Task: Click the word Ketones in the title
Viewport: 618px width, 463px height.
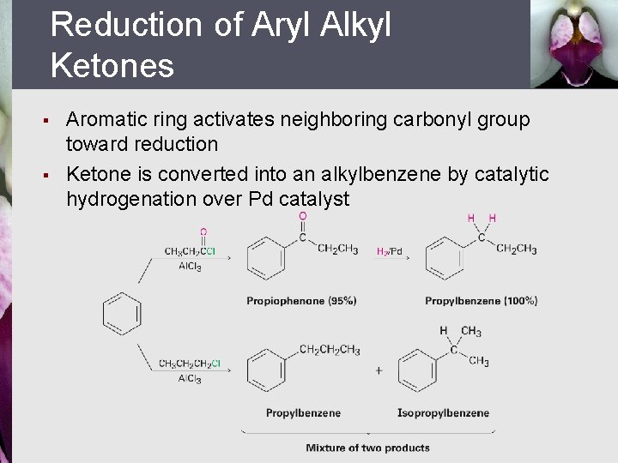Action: coord(112,65)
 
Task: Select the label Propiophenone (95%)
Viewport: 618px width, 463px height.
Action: coord(300,301)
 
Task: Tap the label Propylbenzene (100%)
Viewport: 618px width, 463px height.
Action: coord(481,301)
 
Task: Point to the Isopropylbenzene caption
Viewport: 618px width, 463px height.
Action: coord(443,413)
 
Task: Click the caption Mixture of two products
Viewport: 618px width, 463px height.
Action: coord(367,448)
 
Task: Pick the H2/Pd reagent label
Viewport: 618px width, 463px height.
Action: coord(390,251)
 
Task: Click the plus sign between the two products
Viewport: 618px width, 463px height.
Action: coord(379,371)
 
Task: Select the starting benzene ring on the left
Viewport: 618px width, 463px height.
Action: coord(121,314)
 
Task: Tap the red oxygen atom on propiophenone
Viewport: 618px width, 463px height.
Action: coord(302,217)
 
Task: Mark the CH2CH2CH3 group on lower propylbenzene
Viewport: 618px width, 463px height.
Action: coord(330,350)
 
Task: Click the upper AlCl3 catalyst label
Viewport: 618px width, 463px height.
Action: coord(190,266)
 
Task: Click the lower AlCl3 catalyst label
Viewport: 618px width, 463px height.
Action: coord(190,378)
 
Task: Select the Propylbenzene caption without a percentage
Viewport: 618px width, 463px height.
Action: coord(303,413)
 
